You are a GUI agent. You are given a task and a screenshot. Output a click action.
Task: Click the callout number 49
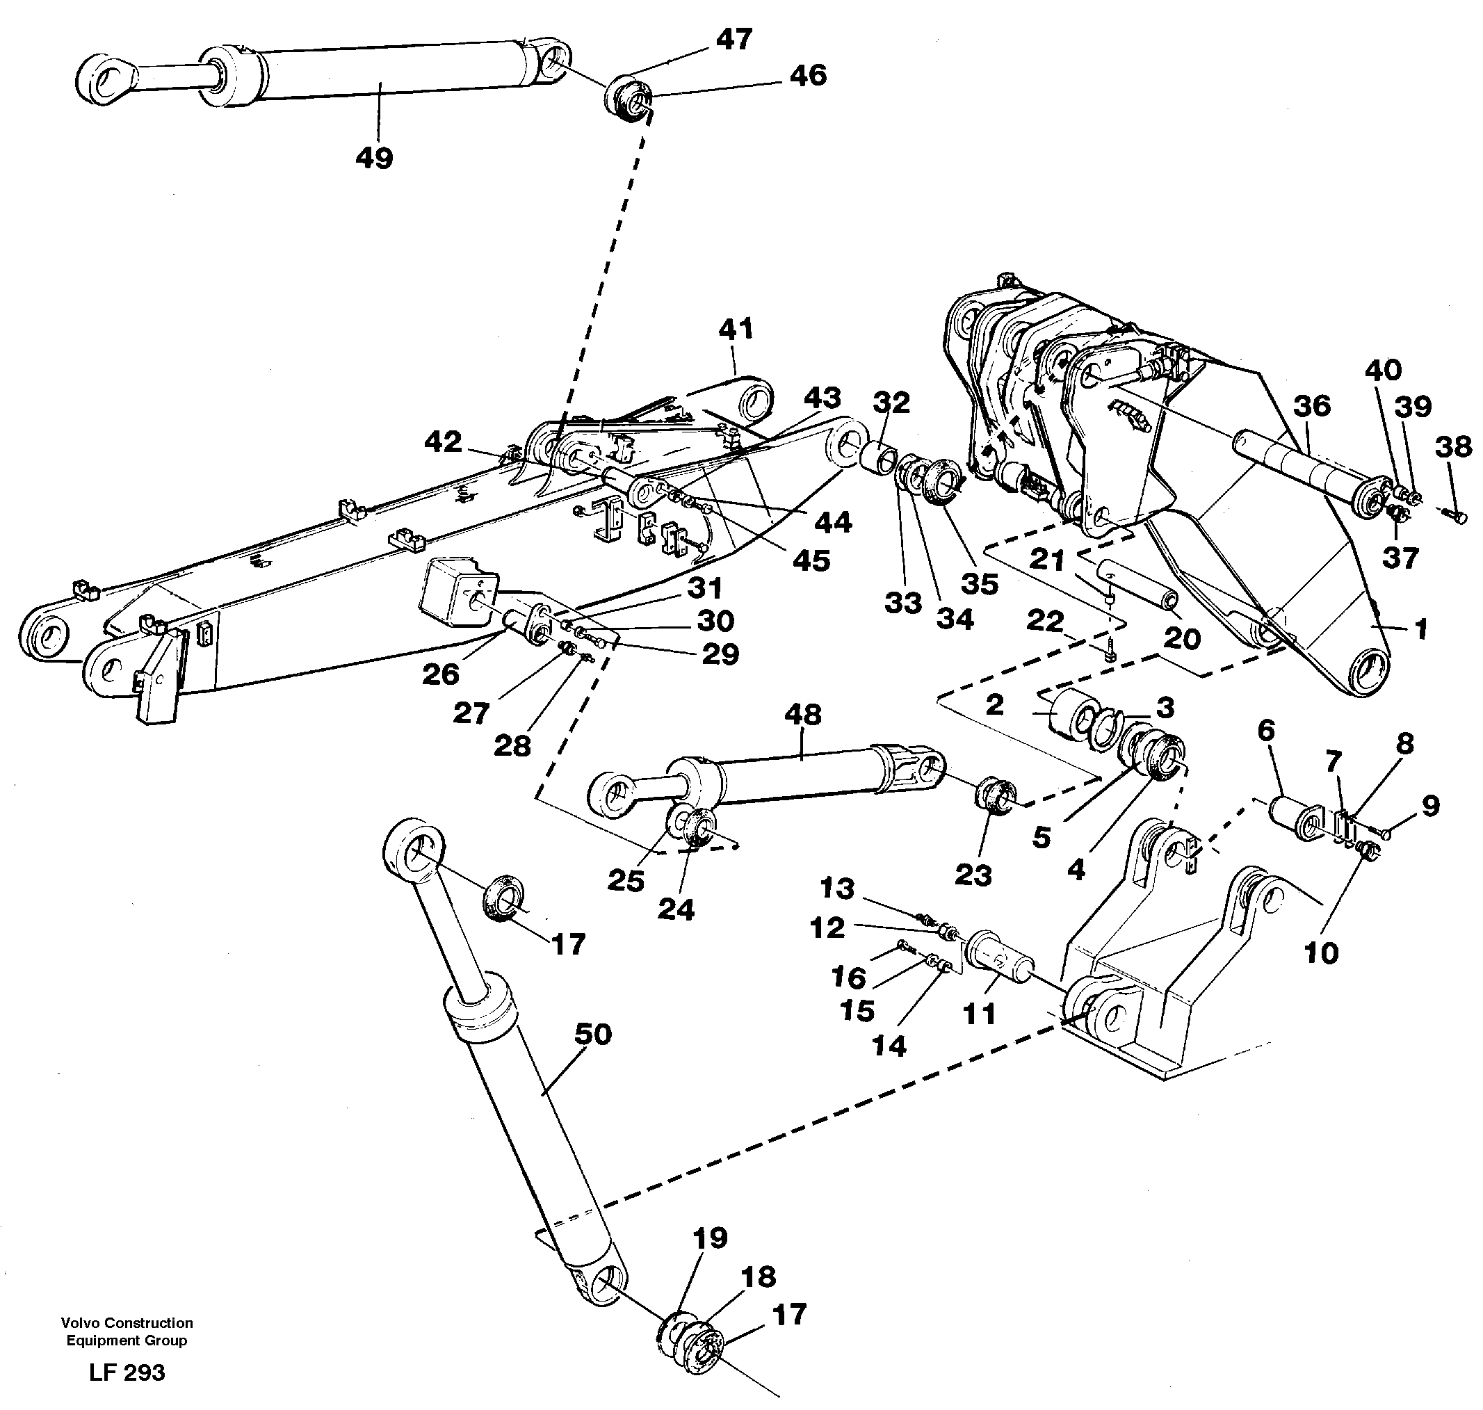pyautogui.click(x=374, y=159)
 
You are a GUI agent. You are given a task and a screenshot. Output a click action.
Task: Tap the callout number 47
pyautogui.click(x=733, y=40)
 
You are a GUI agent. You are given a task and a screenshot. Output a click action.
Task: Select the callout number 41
pyautogui.click(x=735, y=329)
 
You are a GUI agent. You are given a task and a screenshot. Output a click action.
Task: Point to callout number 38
pyautogui.click(x=1452, y=446)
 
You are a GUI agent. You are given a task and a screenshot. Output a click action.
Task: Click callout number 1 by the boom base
pyautogui.click(x=1420, y=629)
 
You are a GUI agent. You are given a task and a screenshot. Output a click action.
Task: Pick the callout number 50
pyautogui.click(x=592, y=1035)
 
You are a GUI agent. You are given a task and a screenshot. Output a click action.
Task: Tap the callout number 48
pyautogui.click(x=802, y=714)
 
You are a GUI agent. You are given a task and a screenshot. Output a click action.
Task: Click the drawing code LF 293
pyautogui.click(x=127, y=1372)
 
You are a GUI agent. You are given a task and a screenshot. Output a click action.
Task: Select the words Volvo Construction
pyautogui.click(x=127, y=1323)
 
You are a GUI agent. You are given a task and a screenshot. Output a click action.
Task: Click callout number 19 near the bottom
pyautogui.click(x=710, y=1238)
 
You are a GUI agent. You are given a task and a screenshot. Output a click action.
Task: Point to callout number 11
pyautogui.click(x=979, y=1014)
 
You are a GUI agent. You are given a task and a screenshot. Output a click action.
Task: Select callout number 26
pyautogui.click(x=441, y=674)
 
